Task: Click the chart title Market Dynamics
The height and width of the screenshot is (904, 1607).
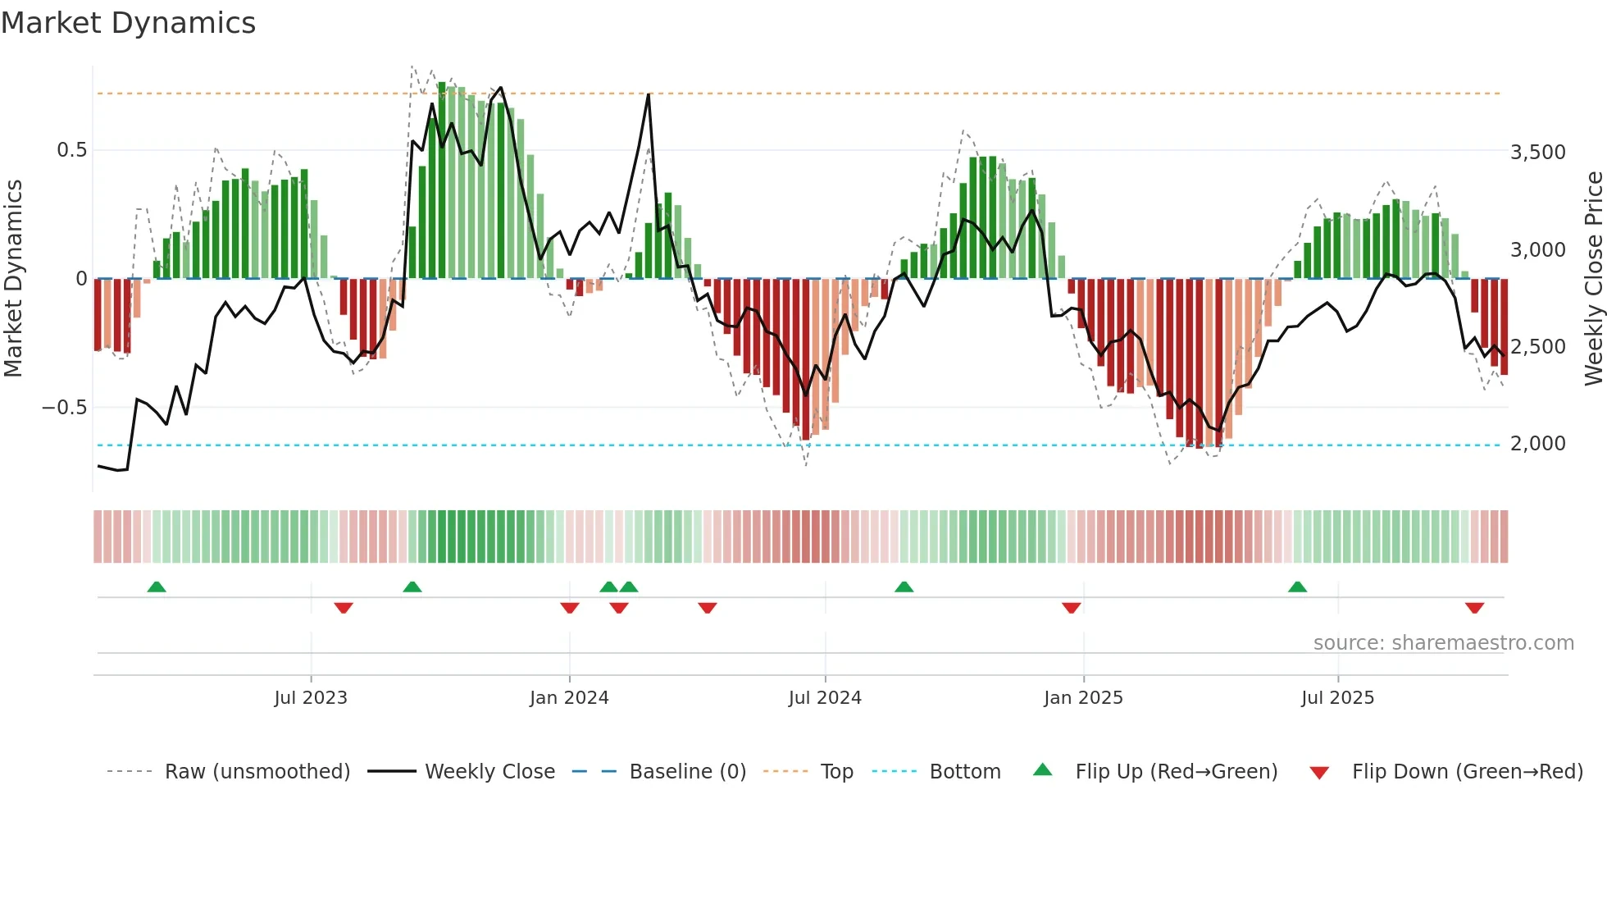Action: pyautogui.click(x=128, y=23)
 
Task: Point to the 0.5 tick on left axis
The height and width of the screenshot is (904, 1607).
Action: pyautogui.click(x=71, y=150)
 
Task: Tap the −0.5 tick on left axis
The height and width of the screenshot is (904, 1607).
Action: pyautogui.click(x=64, y=408)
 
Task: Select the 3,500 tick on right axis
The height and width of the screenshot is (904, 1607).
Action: pyautogui.click(x=1537, y=153)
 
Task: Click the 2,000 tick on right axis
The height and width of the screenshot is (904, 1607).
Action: pyautogui.click(x=1537, y=444)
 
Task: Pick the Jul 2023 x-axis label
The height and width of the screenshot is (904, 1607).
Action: pyautogui.click(x=311, y=698)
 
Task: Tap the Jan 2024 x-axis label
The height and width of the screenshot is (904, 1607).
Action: pyautogui.click(x=569, y=698)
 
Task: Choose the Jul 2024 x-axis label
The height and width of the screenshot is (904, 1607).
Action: pyautogui.click(x=825, y=698)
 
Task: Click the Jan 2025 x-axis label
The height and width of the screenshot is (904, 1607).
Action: pyautogui.click(x=1083, y=698)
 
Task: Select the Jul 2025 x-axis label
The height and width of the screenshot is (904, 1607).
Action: pyautogui.click(x=1337, y=698)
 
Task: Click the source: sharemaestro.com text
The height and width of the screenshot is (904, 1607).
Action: pyautogui.click(x=1443, y=643)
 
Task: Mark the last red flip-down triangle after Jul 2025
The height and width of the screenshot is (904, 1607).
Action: pyautogui.click(x=1474, y=608)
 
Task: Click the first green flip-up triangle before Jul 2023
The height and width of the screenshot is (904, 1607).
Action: pyautogui.click(x=157, y=587)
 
